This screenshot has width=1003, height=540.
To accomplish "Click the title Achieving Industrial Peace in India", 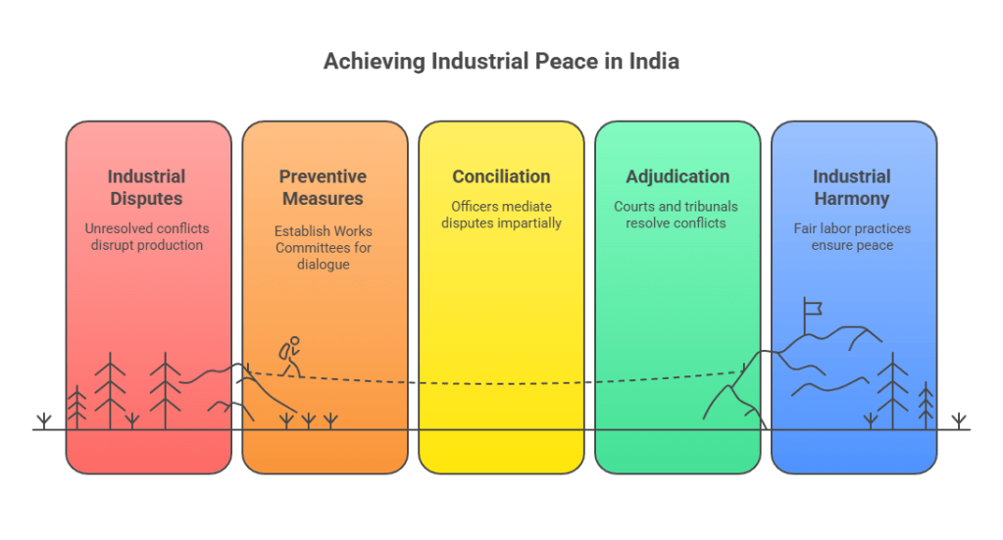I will coord(501,63).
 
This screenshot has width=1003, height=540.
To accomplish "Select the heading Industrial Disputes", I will coord(147,187).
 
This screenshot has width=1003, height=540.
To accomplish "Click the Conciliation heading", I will coord(501,177).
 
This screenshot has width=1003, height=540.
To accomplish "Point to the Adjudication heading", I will coord(677,177).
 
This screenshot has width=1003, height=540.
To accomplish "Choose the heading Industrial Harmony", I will coord(851,187).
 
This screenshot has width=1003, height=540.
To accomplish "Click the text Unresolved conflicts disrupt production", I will coord(147,236).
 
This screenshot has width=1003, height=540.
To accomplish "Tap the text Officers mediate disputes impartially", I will coord(501,215).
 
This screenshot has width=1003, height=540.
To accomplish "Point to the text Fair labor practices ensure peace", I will coord(851,236).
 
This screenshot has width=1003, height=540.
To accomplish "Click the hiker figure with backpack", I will coord(288,356).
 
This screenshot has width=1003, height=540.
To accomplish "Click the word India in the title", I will coord(657,63).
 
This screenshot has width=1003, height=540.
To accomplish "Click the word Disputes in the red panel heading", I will coord(147,198).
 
